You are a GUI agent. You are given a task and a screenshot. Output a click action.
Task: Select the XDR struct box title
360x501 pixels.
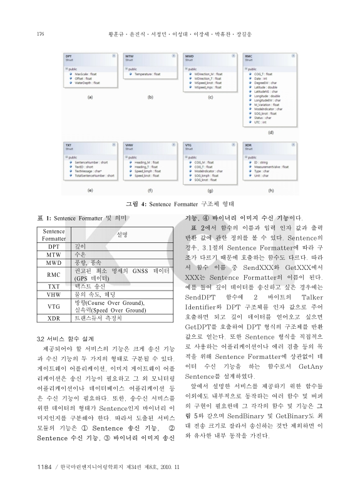(x=249, y=145)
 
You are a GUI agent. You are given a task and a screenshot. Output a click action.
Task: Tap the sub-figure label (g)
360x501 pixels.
(x=210, y=189)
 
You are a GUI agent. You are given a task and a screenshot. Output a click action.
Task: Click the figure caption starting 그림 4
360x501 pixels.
(x=180, y=204)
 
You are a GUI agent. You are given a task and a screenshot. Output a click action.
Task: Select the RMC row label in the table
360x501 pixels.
(x=53, y=274)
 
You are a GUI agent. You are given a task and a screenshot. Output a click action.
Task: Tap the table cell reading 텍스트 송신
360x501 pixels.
(x=93, y=286)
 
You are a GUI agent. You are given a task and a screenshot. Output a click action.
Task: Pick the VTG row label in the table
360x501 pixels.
(x=53, y=306)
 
